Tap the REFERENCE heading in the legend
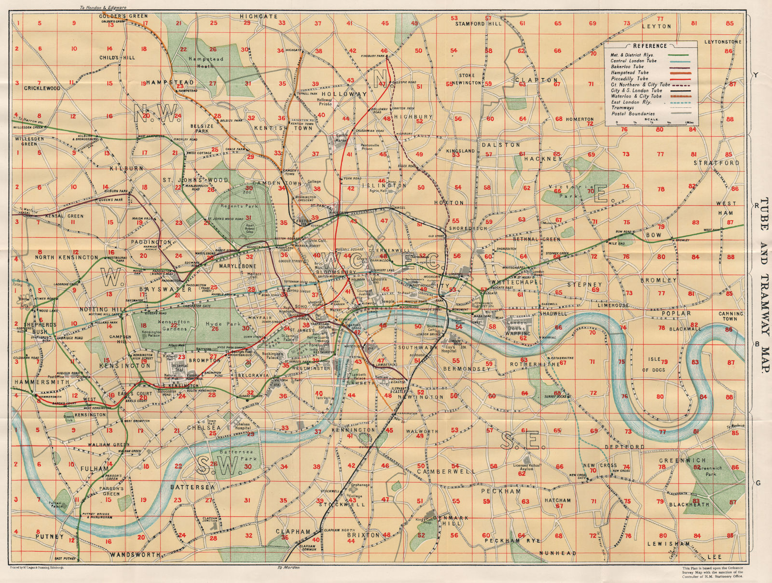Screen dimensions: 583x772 (x=650, y=46)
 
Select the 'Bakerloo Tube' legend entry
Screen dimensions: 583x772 (x=627, y=67)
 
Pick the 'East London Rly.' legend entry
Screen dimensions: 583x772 (x=631, y=102)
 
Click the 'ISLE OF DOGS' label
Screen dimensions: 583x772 (x=653, y=365)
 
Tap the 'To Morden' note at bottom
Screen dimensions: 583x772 (x=289, y=568)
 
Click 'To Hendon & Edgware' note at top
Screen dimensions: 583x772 (x=102, y=8)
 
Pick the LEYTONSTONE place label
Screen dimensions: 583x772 (x=722, y=42)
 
